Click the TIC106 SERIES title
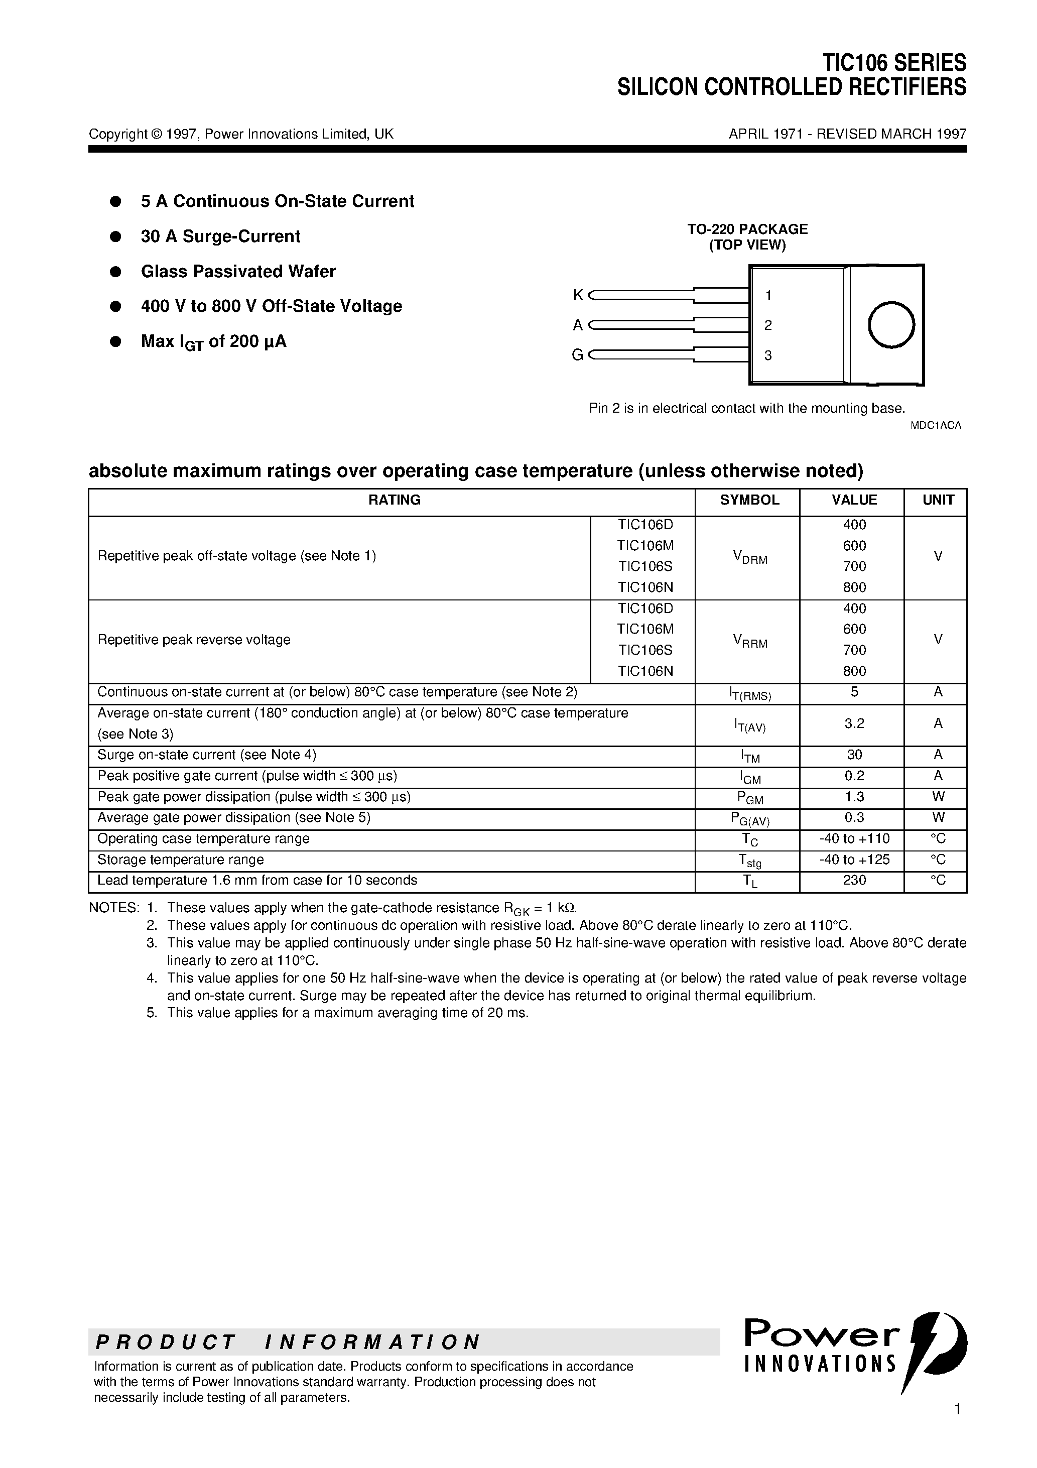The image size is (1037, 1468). pyautogui.click(x=894, y=63)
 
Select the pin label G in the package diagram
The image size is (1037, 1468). pyautogui.click(x=577, y=355)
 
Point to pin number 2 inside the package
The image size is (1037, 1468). pyautogui.click(x=768, y=325)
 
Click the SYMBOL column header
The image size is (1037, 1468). pyautogui.click(x=749, y=500)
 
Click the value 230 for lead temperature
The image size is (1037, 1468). pyautogui.click(x=854, y=881)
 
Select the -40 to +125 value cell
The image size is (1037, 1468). pyautogui.click(x=854, y=860)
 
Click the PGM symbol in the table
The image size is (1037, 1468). pyautogui.click(x=749, y=798)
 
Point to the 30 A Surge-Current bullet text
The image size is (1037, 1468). pyautogui.click(x=220, y=236)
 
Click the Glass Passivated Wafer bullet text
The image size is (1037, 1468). pyautogui.click(x=238, y=271)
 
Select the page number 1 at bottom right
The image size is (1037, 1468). pyautogui.click(x=957, y=1426)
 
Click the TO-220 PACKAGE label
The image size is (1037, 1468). pyautogui.click(x=747, y=229)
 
